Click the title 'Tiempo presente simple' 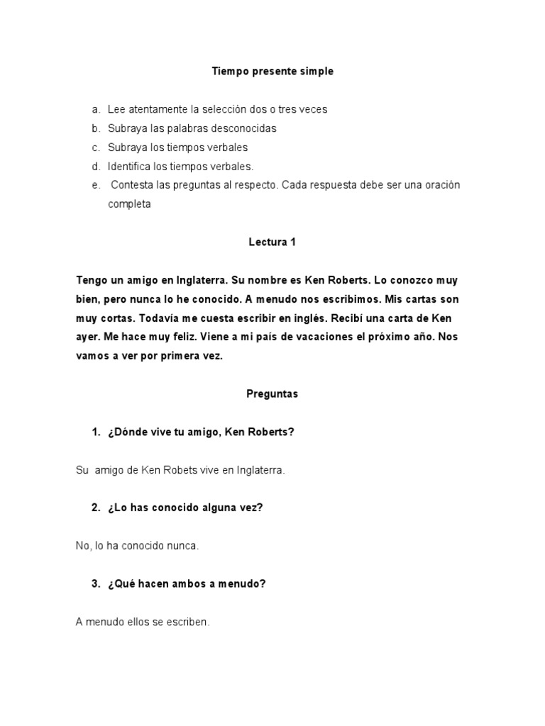[x=272, y=72]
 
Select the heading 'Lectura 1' [x=272, y=242]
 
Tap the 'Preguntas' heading [x=272, y=394]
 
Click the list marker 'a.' [x=96, y=110]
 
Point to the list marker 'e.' [x=96, y=186]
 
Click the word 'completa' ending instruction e [x=129, y=204]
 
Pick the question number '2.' [x=96, y=508]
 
